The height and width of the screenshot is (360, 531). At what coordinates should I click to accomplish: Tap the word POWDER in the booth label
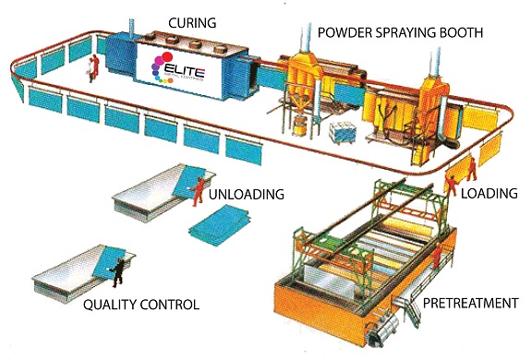pyautogui.click(x=349, y=31)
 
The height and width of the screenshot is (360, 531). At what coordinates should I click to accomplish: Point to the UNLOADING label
pyautogui.click(x=244, y=195)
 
